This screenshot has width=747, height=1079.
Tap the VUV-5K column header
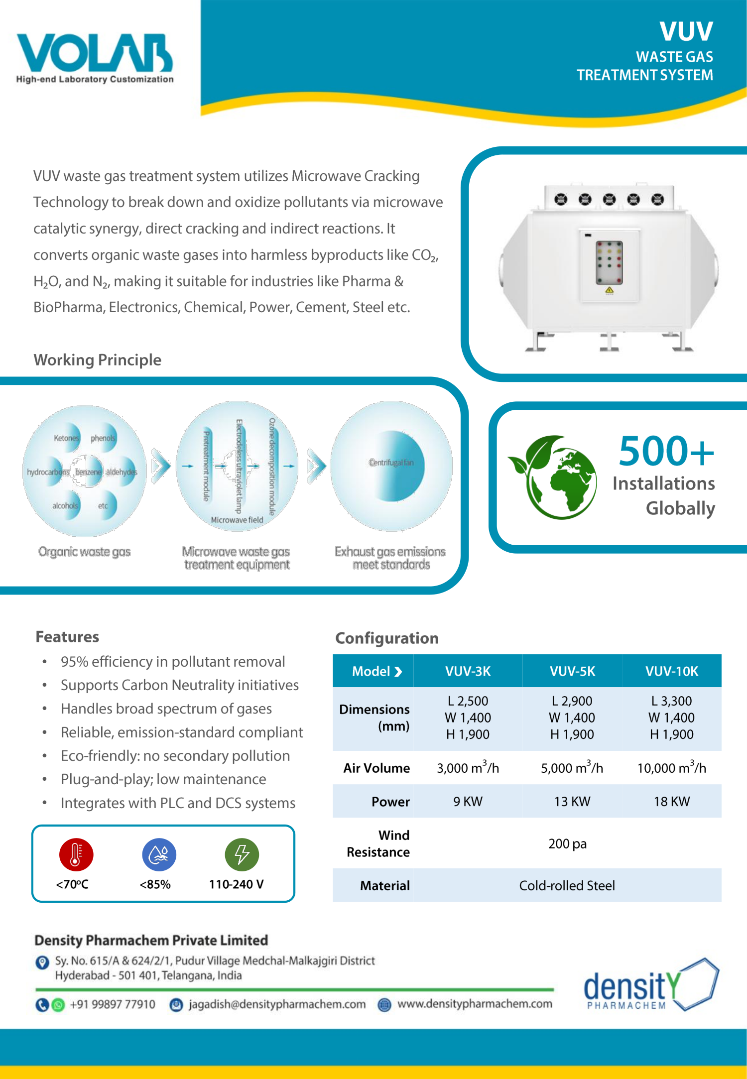coord(572,671)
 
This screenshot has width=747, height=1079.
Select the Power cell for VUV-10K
coord(671,801)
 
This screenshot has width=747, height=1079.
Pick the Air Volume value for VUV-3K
coord(468,768)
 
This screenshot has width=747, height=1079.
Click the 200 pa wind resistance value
coord(567,843)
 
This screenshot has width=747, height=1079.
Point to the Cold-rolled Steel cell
coord(567,885)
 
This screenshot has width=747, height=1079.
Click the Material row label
coord(384,885)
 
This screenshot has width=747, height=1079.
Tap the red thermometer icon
coord(76,854)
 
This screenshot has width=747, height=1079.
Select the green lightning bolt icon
coord(242,854)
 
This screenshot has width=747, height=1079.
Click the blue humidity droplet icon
coord(159,854)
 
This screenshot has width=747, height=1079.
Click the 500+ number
coord(666,451)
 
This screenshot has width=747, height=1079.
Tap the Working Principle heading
coord(98,360)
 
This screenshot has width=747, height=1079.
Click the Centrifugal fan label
coord(391,463)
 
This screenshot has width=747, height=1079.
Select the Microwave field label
coord(237,520)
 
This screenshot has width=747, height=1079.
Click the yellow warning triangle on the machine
coord(609,290)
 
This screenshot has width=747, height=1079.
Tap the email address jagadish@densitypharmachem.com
coord(277,1004)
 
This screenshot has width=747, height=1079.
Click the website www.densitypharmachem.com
coord(475,1004)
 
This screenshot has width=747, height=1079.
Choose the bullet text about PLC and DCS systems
coord(178,803)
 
